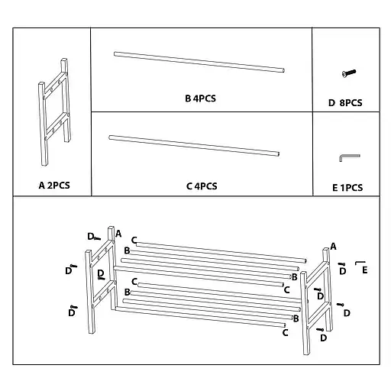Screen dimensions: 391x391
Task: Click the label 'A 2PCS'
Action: click(53, 185)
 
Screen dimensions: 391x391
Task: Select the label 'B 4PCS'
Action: click(201, 99)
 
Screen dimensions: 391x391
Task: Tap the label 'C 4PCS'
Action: click(202, 186)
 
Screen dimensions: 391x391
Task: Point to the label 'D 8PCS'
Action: click(345, 102)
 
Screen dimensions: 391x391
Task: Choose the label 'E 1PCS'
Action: click(347, 187)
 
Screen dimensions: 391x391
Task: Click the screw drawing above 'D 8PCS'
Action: click(348, 73)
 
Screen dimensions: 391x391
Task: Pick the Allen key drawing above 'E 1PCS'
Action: click(347, 157)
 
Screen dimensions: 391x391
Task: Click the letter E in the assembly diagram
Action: click(365, 270)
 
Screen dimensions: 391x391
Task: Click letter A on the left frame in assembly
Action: click(118, 234)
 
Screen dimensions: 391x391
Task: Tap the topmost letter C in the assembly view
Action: click(134, 240)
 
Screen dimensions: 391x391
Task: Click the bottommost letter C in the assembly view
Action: click(285, 332)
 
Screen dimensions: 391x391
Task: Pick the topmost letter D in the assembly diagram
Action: click(90, 237)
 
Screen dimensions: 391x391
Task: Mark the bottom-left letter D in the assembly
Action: click(71, 312)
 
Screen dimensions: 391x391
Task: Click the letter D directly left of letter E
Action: click(343, 270)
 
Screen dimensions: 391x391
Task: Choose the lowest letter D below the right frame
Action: click(323, 338)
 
